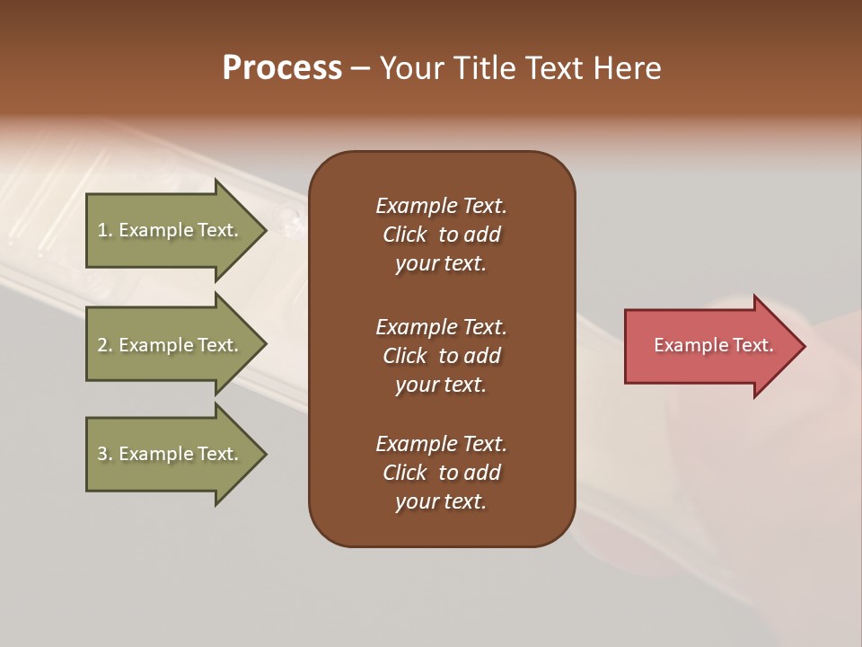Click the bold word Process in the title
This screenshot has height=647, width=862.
(282, 68)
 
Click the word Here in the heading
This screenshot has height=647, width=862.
(628, 68)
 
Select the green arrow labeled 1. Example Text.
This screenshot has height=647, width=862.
(171, 230)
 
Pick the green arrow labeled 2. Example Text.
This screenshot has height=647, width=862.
(171, 345)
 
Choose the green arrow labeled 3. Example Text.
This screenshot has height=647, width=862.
(171, 454)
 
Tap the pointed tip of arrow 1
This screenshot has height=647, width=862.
(264, 230)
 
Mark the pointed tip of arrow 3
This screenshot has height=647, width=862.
(264, 454)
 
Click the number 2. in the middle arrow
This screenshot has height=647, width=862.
(105, 345)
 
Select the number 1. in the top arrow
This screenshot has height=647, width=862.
(105, 230)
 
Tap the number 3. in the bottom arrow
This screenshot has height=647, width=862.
(105, 454)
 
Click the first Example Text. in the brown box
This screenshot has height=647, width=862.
(441, 206)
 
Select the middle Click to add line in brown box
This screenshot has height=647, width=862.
(441, 356)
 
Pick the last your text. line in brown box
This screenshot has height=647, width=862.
(441, 502)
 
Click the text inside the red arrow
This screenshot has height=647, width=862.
(713, 345)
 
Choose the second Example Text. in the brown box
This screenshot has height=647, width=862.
(441, 327)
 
